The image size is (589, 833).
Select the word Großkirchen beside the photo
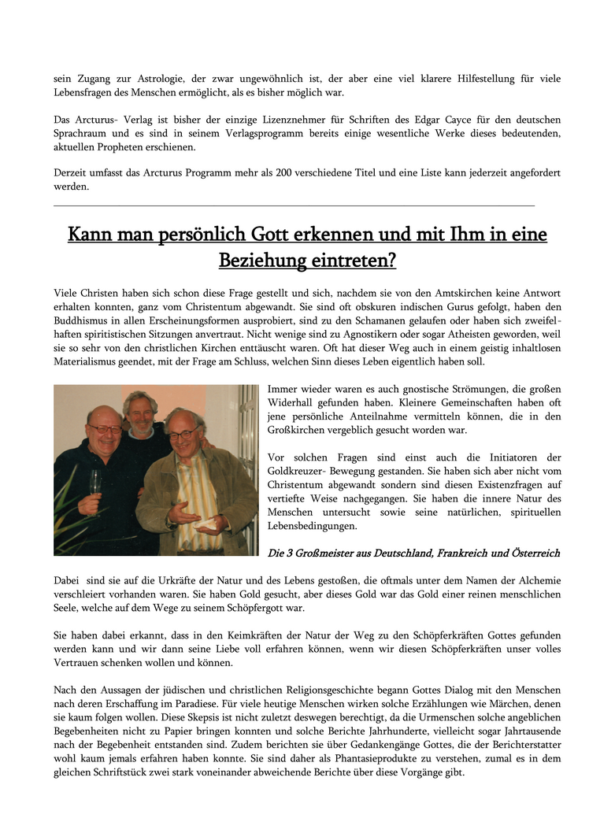(302, 430)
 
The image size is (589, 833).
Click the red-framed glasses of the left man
(104, 429)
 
